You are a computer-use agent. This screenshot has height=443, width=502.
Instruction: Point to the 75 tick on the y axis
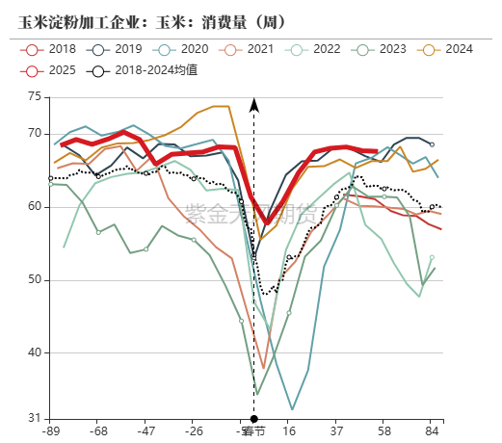[35, 96]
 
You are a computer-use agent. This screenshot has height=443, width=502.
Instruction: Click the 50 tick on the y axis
[35, 279]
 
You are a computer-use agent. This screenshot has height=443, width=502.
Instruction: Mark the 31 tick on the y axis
[35, 418]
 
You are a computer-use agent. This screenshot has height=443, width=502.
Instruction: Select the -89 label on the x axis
[51, 430]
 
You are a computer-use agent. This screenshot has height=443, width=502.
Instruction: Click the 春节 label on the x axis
[253, 430]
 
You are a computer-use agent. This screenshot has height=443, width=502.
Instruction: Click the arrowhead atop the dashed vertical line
[254, 103]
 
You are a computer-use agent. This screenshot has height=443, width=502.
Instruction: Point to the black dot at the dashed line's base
[254, 419]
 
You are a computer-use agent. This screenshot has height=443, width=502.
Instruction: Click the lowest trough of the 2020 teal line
[292, 409]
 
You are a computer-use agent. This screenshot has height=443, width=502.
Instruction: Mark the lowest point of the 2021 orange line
[263, 368]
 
